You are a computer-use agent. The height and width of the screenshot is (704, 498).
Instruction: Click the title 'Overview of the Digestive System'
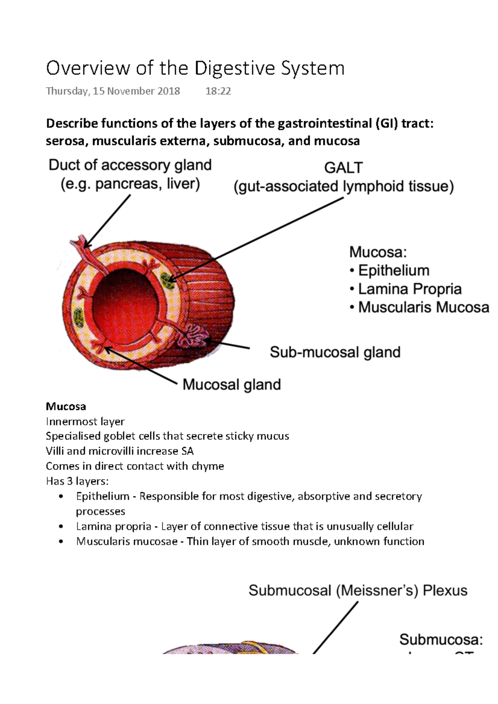(195, 68)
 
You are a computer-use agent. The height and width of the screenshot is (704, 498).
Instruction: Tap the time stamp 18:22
(218, 91)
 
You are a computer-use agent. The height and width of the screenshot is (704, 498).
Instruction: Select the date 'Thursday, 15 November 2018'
(113, 91)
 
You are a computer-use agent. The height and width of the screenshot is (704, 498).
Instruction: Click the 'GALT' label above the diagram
(343, 168)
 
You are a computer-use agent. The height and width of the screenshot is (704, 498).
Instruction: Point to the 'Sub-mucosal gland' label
(335, 352)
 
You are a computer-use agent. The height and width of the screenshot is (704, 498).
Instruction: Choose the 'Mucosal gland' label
(232, 385)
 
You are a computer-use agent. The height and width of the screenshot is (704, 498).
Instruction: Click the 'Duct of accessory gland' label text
(130, 165)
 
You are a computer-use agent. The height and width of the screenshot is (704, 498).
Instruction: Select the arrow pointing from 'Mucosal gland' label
(141, 365)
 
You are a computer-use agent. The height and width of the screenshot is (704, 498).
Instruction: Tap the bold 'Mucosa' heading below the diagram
(66, 406)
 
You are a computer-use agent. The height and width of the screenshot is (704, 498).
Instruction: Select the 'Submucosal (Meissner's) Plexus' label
(358, 590)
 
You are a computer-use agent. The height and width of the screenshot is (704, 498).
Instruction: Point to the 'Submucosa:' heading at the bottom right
(441, 640)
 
